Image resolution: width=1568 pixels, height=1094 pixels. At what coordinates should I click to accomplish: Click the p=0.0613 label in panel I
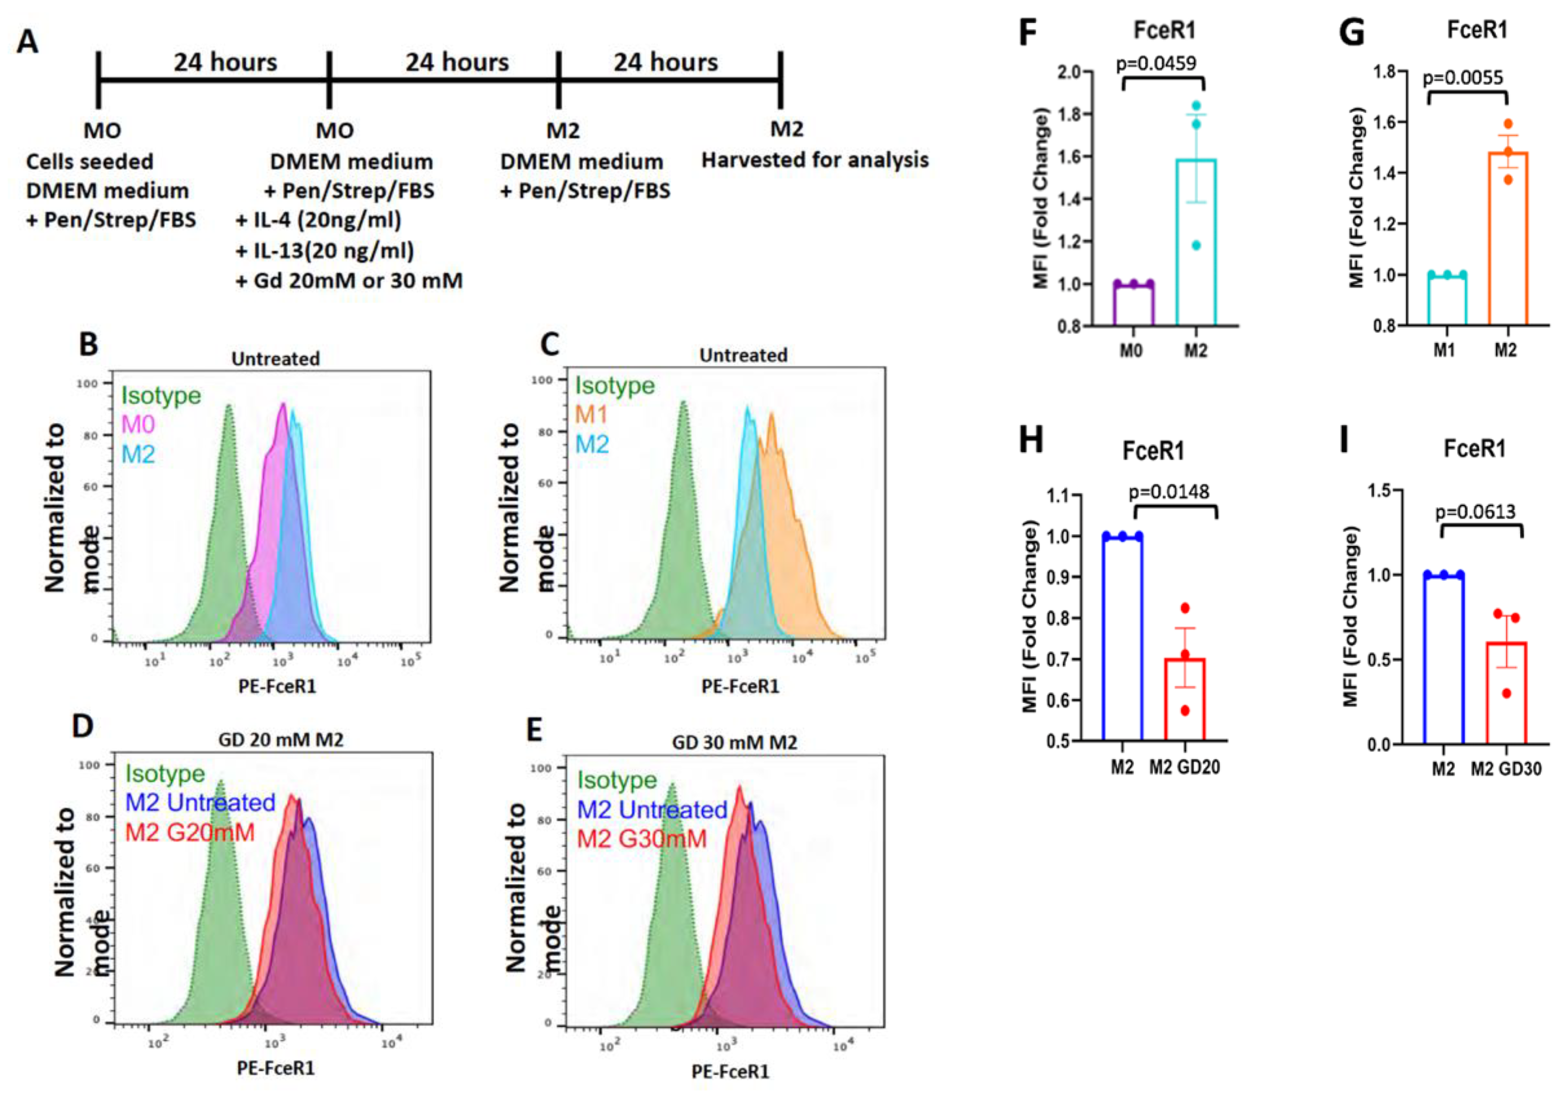click(1474, 511)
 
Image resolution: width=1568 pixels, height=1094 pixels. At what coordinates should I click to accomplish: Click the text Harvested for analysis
click(816, 160)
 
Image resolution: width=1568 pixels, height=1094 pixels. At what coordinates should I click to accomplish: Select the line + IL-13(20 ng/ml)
click(325, 251)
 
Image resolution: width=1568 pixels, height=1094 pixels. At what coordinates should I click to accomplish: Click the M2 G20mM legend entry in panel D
click(190, 832)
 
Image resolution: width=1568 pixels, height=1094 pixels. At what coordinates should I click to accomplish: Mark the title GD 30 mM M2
click(734, 742)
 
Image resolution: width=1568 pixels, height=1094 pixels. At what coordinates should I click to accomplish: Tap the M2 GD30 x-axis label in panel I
click(1506, 769)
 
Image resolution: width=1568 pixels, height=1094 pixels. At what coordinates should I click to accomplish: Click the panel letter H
click(1030, 441)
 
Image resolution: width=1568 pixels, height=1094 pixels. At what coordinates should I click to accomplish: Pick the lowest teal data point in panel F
click(1196, 245)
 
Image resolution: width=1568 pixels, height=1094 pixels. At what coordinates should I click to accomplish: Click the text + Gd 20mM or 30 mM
click(349, 281)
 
